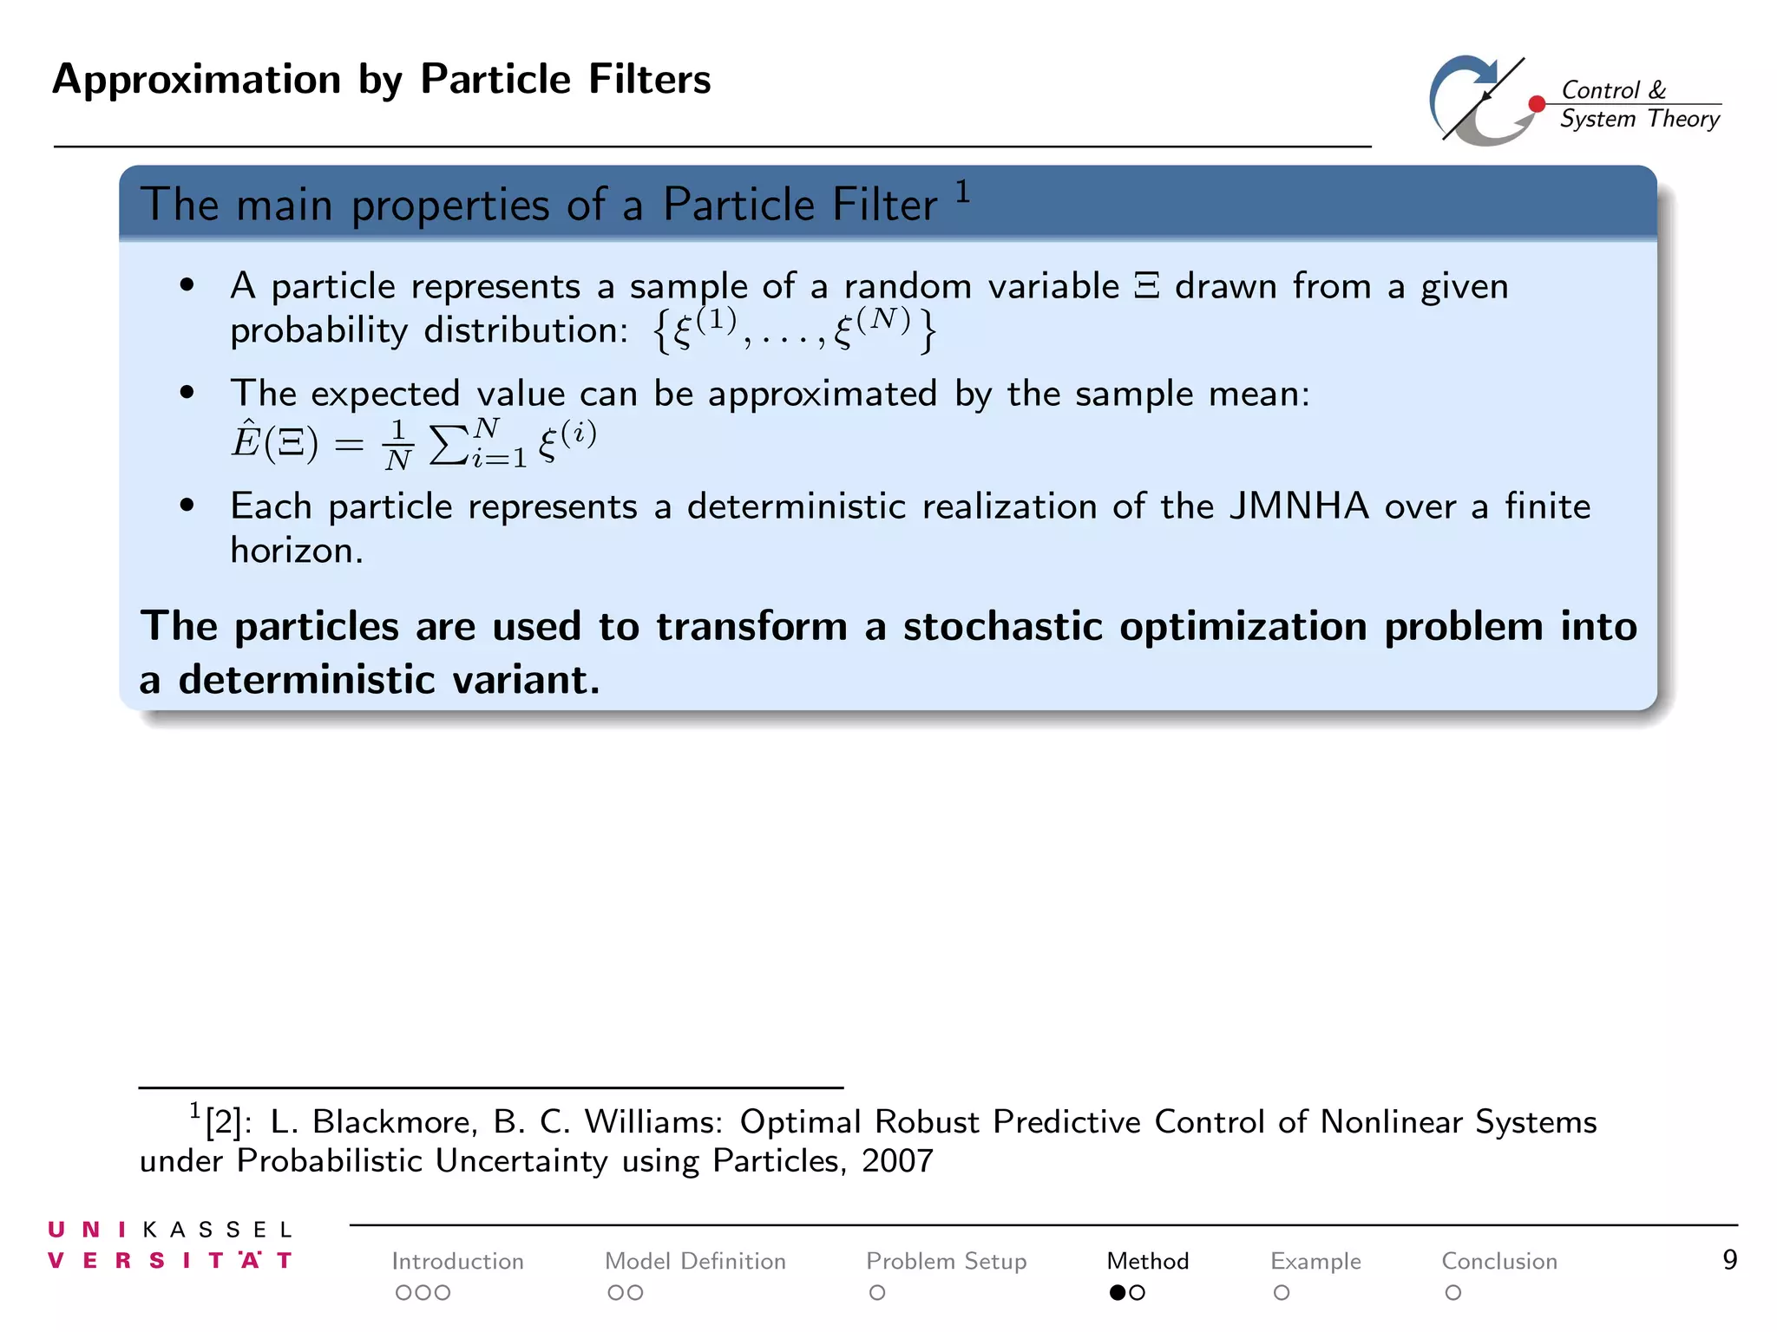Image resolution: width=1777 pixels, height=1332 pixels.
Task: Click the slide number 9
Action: click(1729, 1259)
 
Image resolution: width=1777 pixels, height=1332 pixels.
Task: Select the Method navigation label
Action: click(1147, 1261)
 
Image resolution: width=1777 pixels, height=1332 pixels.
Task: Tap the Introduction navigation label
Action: click(457, 1261)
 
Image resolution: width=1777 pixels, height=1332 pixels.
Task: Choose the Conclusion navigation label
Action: click(1498, 1261)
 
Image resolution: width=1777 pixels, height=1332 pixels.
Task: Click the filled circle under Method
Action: click(1118, 1293)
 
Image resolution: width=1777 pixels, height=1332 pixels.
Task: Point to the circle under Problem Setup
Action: click(877, 1293)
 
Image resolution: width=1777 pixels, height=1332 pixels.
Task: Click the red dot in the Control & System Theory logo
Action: click(1537, 104)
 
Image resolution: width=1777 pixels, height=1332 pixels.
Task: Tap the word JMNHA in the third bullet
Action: click(1298, 506)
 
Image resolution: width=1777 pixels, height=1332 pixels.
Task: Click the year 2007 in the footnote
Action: click(897, 1161)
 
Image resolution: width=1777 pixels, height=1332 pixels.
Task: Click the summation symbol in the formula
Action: click(448, 445)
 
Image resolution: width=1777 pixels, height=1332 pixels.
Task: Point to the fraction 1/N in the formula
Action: click(398, 445)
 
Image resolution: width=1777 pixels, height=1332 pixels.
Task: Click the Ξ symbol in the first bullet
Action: click(1147, 287)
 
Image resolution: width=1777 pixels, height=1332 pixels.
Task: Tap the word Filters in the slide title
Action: click(649, 79)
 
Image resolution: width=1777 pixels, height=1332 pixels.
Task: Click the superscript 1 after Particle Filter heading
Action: click(962, 191)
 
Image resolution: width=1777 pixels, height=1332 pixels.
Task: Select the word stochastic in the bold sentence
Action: click(1003, 626)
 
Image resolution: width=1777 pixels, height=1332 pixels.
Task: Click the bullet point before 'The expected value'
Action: click(187, 393)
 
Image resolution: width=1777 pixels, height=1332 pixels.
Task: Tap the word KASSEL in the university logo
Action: click(217, 1230)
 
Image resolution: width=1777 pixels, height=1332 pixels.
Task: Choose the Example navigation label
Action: click(1315, 1261)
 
